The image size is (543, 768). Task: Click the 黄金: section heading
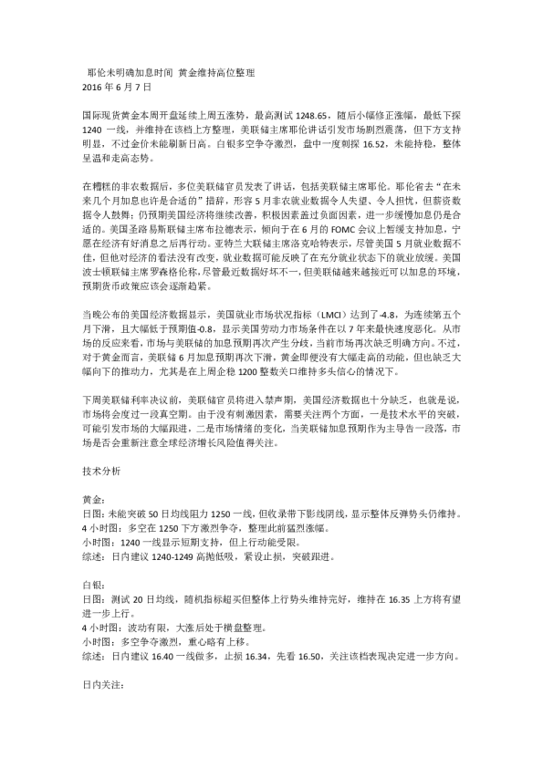[94, 500]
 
